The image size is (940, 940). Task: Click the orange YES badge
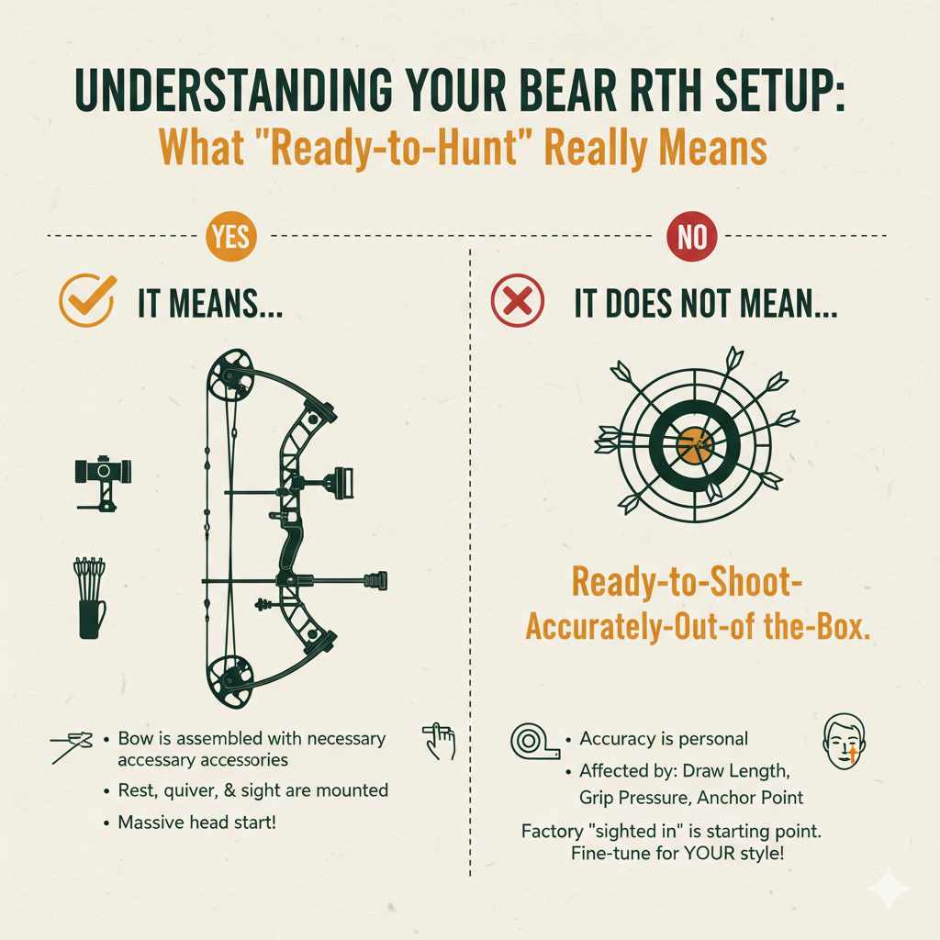coord(231,238)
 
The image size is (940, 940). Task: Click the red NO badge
coord(691,238)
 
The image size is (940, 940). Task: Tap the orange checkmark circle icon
coord(87,300)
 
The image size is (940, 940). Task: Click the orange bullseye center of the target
coord(695,445)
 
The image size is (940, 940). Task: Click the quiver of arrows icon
coord(90,597)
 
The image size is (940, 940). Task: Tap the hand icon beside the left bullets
coord(440,740)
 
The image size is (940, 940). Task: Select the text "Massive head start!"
coord(196,822)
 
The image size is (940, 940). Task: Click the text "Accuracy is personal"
coord(664,738)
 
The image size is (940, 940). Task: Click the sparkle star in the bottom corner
coord(889,888)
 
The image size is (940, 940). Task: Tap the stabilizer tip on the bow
coord(376,580)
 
